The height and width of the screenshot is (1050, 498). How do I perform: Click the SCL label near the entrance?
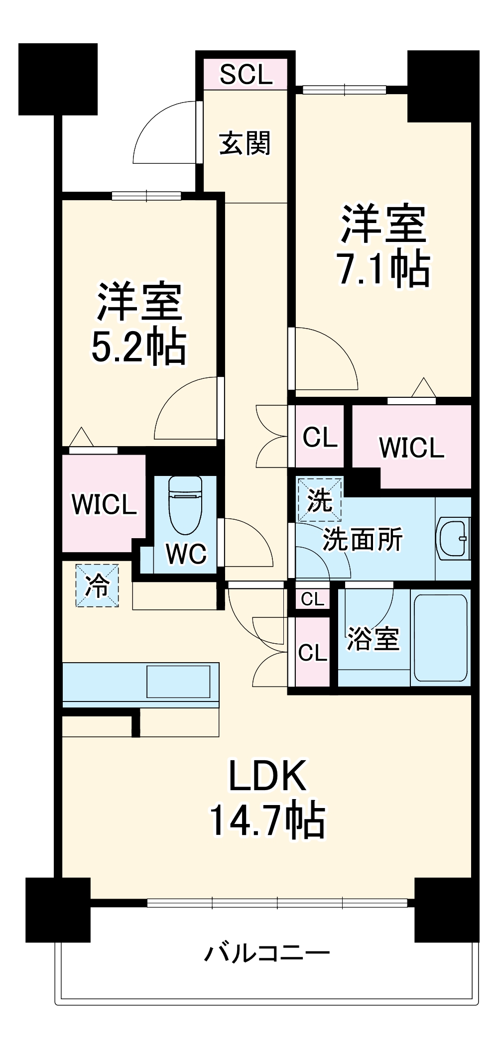point(246,75)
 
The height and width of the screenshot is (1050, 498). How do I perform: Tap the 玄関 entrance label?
point(245,144)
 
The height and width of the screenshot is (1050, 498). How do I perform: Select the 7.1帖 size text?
point(383,269)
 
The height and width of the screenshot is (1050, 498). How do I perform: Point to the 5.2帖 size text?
point(139,347)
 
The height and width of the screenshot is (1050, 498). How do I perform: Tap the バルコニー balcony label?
point(267,953)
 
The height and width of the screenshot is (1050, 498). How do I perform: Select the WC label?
point(186,554)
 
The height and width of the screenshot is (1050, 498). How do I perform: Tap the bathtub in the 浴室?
point(441,638)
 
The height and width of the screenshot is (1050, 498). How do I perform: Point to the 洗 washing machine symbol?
point(319,499)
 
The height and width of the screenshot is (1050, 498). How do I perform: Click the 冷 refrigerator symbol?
point(97,585)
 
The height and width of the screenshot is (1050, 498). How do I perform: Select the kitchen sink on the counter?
point(178,681)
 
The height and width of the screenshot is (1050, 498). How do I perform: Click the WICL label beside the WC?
point(104,504)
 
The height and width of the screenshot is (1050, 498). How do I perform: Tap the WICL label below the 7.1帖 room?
point(411,447)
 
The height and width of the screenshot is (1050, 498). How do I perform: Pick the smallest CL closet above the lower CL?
point(312,599)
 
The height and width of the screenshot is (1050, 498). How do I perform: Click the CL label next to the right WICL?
point(320,438)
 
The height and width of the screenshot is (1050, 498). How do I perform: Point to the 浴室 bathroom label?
point(373,639)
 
